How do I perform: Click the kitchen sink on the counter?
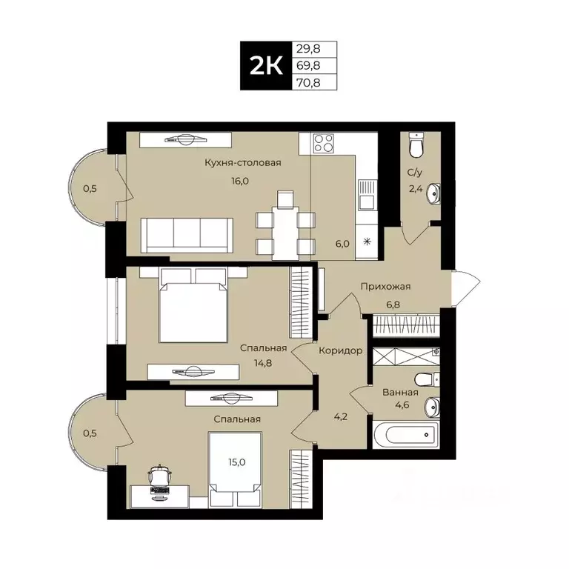(366, 198)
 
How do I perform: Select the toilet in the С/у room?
(417, 147)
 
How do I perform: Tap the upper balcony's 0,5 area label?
(90, 188)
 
